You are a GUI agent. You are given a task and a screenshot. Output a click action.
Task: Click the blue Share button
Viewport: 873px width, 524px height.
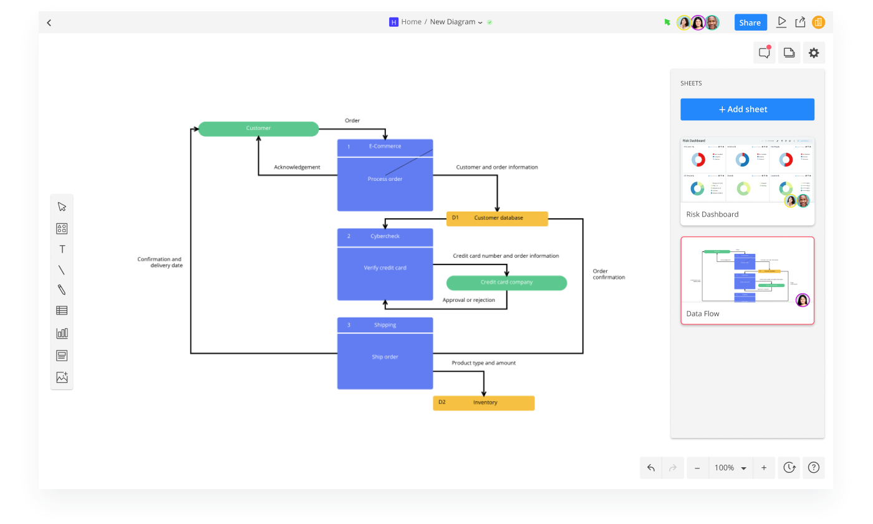click(x=750, y=22)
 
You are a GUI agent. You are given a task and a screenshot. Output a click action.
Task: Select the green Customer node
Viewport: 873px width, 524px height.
click(x=258, y=129)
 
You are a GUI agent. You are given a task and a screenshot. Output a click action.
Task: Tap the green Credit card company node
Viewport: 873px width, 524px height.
click(x=506, y=283)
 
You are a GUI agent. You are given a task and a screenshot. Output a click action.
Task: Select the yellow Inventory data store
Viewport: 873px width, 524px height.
click(x=484, y=402)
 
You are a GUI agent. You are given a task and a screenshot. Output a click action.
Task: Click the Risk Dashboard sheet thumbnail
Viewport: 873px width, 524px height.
click(x=747, y=170)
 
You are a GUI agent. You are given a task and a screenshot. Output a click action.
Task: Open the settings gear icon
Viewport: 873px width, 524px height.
click(x=813, y=53)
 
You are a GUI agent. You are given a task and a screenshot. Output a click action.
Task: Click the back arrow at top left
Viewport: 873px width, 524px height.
click(x=49, y=23)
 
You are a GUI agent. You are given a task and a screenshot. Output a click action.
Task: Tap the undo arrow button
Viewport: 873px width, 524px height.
click(x=651, y=468)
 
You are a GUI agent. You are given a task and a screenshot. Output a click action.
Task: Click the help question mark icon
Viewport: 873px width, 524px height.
click(x=813, y=468)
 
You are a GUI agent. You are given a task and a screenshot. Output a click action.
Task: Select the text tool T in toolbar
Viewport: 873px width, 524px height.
click(x=62, y=250)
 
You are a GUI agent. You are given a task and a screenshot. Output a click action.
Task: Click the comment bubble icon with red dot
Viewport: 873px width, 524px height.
click(x=764, y=53)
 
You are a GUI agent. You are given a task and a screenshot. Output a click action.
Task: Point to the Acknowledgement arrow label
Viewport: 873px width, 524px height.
click(x=297, y=167)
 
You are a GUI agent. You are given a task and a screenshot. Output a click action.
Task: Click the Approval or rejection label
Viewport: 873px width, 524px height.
click(x=468, y=300)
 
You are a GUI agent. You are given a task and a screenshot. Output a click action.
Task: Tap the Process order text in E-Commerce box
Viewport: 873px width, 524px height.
click(x=385, y=179)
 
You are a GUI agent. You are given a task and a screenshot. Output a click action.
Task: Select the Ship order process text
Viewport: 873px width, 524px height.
click(x=385, y=357)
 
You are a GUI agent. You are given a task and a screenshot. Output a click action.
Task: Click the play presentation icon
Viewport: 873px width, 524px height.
click(x=781, y=22)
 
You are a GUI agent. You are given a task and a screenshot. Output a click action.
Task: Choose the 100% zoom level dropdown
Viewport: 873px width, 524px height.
click(x=730, y=468)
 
